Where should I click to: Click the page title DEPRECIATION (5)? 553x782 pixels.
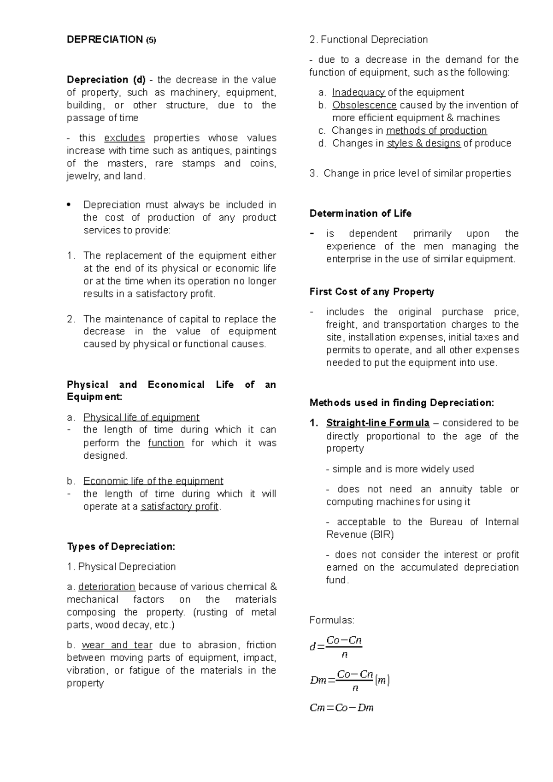tap(112, 40)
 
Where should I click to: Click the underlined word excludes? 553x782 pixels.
tap(124, 138)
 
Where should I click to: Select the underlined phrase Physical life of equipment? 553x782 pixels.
tap(141, 417)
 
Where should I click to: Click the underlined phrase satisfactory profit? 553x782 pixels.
tap(179, 506)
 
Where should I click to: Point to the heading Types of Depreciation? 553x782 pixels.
tap(121, 546)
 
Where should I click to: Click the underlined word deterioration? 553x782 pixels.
tap(106, 586)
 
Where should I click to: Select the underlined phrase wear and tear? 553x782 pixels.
tap(117, 645)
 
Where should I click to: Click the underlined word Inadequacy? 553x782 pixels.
tap(359, 92)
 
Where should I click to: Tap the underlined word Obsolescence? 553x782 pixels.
tap(364, 105)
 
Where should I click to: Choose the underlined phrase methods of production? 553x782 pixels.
tap(436, 130)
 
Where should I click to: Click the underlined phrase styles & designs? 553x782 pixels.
tap(423, 143)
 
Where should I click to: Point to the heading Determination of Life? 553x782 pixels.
tap(360, 213)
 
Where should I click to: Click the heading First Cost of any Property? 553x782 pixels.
tap(371, 292)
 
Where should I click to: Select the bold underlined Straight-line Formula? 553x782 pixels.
tap(377, 423)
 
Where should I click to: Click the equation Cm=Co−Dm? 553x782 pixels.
tap(341, 708)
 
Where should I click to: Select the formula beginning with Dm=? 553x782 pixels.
tap(350, 680)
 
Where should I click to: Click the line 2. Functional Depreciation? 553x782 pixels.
tap(369, 40)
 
